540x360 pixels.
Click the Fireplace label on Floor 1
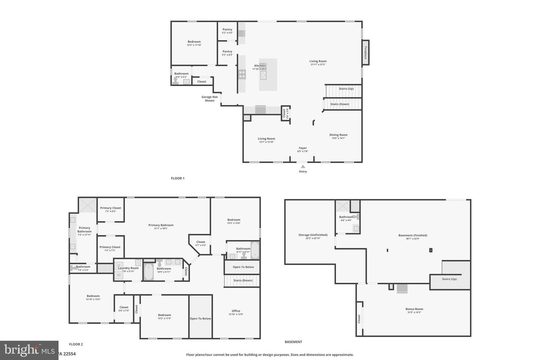click(365, 52)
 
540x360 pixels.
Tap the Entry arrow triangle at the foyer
click(303, 166)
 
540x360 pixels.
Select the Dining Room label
click(338, 135)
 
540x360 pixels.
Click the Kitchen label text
click(259, 66)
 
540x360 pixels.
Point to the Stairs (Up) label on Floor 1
click(346, 89)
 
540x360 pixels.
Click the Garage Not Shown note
click(210, 99)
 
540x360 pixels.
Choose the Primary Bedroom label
click(161, 225)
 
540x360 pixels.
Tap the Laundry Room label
click(128, 268)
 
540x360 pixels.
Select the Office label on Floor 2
click(236, 311)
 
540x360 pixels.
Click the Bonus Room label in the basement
click(414, 309)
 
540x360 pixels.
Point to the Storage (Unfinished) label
click(313, 235)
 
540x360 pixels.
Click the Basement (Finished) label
click(412, 235)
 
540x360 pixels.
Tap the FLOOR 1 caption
click(178, 178)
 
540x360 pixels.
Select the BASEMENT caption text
click(293, 342)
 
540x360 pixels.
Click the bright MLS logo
click(29, 350)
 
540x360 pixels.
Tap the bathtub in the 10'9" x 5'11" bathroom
click(148, 272)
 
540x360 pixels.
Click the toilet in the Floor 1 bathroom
click(175, 81)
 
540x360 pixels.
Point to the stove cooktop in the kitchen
click(242, 74)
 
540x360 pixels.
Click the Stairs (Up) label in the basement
click(449, 279)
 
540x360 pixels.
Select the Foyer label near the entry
click(303, 148)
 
